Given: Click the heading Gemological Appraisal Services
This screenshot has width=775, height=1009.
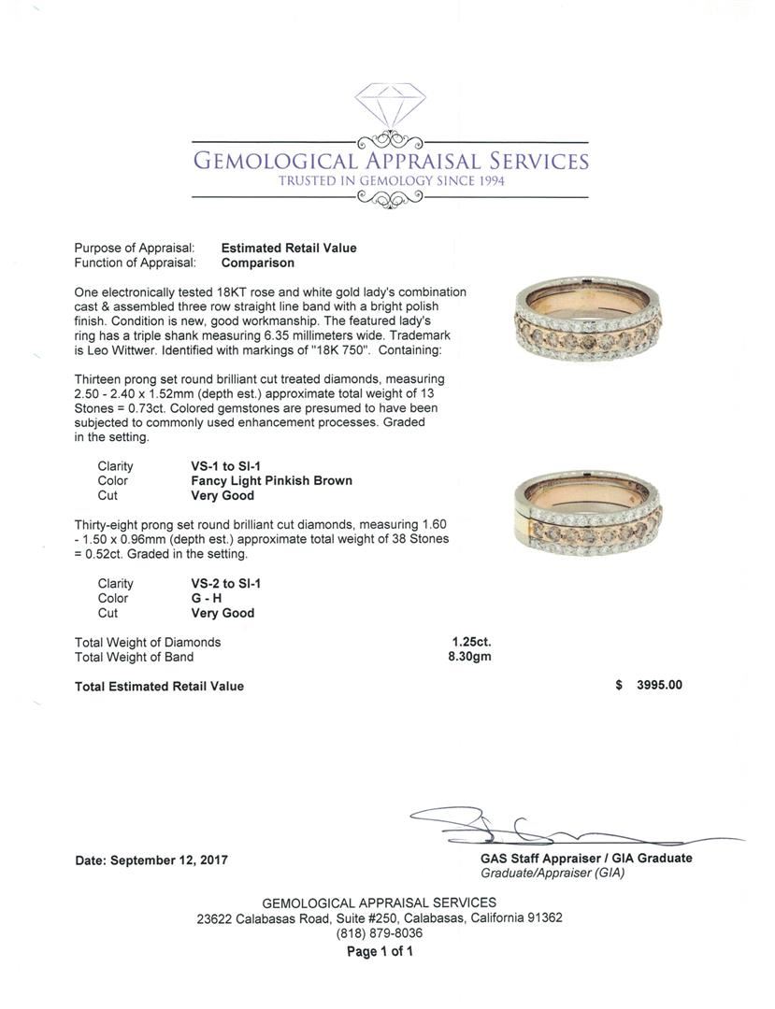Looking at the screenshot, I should click(x=390, y=161).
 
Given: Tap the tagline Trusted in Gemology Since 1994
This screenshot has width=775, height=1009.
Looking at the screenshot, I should click(x=391, y=180).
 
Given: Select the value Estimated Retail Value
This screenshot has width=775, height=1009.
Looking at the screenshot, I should click(x=288, y=248).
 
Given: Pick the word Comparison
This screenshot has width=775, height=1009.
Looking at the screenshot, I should click(x=257, y=263).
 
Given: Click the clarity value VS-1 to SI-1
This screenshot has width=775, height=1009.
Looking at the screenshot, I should click(x=225, y=466).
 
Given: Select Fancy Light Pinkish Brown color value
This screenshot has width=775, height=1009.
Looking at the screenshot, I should click(x=271, y=481).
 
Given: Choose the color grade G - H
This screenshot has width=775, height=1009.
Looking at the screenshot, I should click(x=208, y=599).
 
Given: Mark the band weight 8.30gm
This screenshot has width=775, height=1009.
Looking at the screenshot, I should click(x=469, y=657).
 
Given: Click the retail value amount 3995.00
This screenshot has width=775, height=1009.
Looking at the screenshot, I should click(x=659, y=685).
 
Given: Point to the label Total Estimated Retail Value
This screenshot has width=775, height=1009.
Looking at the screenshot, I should click(x=159, y=686).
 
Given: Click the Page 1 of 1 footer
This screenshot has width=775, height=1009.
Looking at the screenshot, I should click(x=380, y=951).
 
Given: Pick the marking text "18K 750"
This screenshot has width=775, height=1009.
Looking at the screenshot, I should click(x=368, y=350).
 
